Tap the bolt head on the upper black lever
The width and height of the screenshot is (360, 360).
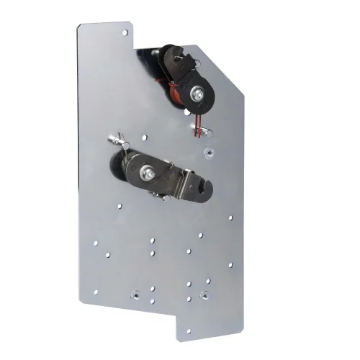point(197,93)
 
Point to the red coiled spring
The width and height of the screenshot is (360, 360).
point(173,91)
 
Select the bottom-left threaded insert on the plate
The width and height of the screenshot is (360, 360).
point(134,294)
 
